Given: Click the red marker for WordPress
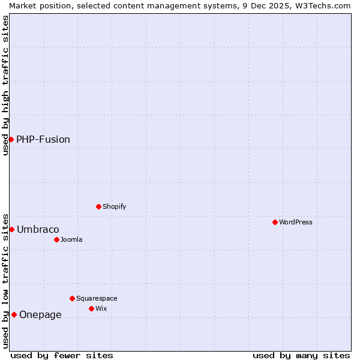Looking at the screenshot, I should (x=275, y=222).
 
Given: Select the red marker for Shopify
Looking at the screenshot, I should (x=98, y=206).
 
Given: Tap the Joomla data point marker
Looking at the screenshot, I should (x=56, y=239).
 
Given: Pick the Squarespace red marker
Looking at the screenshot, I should (x=72, y=298).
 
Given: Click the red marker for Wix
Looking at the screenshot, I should (x=91, y=308).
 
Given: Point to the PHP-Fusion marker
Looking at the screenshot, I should (x=11, y=139).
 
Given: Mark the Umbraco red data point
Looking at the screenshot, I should (x=11, y=229).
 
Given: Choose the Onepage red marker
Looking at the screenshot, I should (x=14, y=314).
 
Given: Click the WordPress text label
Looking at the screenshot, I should (x=296, y=222).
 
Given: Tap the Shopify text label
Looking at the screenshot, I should (x=115, y=206).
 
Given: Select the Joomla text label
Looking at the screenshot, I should (x=71, y=239).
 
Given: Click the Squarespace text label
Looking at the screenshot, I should (x=97, y=298).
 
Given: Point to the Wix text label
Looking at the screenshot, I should (x=101, y=308).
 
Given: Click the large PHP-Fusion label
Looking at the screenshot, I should (x=43, y=139).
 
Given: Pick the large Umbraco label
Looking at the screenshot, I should (x=38, y=229).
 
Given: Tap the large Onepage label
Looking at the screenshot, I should (x=40, y=314).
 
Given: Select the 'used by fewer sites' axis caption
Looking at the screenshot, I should (x=62, y=355).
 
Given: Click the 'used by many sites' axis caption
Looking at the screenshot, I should (x=301, y=355).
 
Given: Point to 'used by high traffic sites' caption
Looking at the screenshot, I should (x=5, y=85).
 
